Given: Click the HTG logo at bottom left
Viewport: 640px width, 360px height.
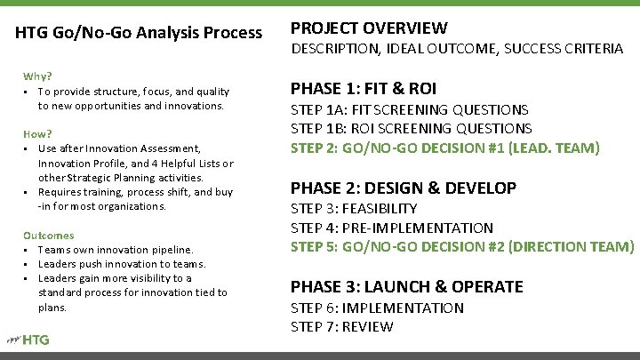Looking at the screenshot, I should [x=29, y=339].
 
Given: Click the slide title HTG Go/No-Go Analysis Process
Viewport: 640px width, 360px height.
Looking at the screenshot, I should [x=140, y=33].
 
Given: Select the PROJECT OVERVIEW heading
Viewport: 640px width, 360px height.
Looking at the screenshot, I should [x=369, y=28].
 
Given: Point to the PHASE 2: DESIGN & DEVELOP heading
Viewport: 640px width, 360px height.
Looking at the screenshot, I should [x=404, y=188].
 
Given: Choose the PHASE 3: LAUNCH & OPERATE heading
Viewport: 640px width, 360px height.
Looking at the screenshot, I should [x=407, y=286].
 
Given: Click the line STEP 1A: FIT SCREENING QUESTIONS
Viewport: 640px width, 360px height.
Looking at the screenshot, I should [x=410, y=109].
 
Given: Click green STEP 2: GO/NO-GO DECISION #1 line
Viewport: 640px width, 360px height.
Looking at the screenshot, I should [x=445, y=147].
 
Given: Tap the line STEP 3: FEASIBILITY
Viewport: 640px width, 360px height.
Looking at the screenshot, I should [x=354, y=209].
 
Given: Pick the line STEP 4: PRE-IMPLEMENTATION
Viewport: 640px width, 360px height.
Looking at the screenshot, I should [x=392, y=228].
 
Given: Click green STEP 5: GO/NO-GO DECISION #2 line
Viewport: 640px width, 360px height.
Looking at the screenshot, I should [x=463, y=246].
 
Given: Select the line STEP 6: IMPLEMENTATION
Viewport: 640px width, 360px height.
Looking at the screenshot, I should [x=377, y=308].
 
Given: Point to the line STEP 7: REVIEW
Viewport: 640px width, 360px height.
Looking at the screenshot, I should [x=342, y=326].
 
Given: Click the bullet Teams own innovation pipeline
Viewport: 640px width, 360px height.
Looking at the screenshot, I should [x=116, y=250].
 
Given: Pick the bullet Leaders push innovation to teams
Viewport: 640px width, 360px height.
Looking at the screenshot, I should [x=121, y=264].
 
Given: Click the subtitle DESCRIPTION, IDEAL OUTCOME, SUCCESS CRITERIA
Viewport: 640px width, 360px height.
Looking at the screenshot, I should [x=457, y=50].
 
